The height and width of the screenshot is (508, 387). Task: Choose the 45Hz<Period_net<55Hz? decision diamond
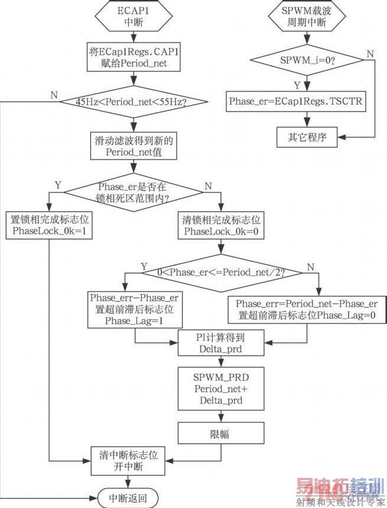click(135, 102)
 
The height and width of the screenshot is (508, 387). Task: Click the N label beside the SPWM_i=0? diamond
click(371, 54)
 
